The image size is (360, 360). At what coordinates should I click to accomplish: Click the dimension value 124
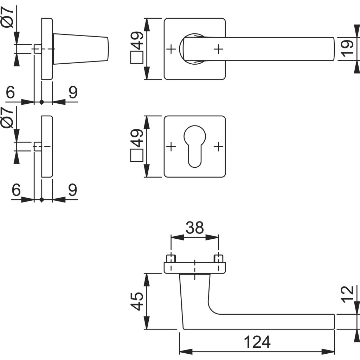257,342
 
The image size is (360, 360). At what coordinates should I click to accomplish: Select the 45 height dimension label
137,301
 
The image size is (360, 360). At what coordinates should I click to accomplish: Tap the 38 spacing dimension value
194,228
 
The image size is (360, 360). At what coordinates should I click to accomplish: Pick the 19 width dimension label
347,49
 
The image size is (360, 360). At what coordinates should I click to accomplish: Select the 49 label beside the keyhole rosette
137,138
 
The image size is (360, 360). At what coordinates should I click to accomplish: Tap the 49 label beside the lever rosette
137,41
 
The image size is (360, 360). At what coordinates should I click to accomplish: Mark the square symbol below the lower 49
136,155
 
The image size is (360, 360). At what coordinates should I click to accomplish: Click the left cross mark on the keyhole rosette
171,146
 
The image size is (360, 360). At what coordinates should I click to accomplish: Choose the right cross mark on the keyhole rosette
218,146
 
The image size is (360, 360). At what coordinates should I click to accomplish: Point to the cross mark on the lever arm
218,49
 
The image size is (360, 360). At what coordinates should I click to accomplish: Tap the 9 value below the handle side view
72,93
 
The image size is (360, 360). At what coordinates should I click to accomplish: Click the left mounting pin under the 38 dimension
171,258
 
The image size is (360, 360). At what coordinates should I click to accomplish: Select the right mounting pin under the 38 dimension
218,258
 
